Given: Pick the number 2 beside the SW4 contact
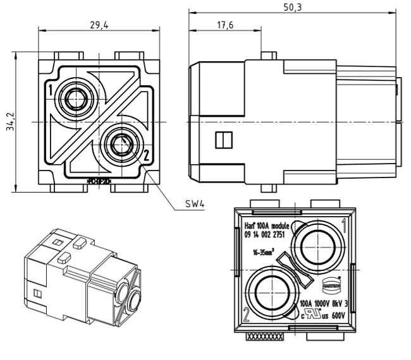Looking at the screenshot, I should point(146,153).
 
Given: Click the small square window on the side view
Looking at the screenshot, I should point(222,140).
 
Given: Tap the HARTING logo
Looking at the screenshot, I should point(333,283).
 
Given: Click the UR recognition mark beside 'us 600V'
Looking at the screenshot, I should point(310,313).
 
